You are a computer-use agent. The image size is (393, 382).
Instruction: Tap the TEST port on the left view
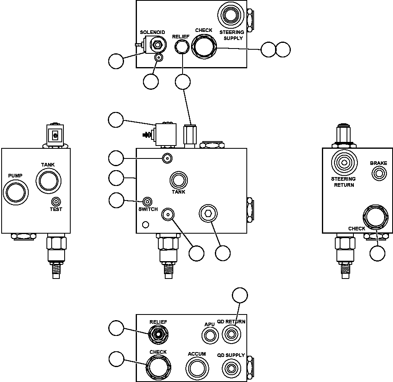56,201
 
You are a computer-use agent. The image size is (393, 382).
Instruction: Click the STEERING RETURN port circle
344,163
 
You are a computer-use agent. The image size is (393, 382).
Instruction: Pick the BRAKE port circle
378,174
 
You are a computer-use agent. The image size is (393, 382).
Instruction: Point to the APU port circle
209,335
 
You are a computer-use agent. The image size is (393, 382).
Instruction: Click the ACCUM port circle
197,368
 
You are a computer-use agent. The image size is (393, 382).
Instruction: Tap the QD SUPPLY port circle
230,368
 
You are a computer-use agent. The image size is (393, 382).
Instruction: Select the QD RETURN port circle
231,334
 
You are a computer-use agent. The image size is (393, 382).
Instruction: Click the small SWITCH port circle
148,201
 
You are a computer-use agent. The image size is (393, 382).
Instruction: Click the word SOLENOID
152,32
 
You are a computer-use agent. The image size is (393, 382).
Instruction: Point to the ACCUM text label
197,354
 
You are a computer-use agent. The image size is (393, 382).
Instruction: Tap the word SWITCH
148,209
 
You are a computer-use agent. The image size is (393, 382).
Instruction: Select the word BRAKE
378,163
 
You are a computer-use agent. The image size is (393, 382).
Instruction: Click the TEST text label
56,209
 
